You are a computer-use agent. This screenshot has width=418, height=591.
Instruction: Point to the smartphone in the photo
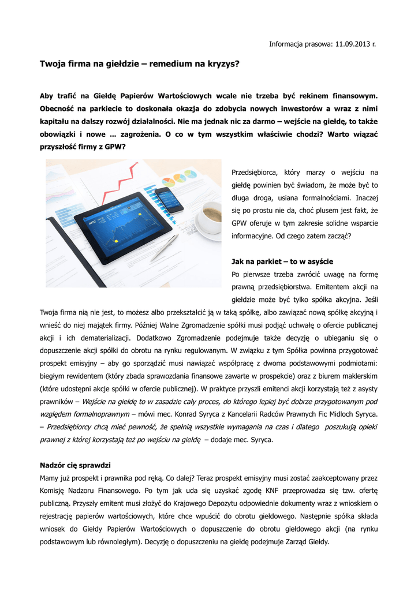coord(169,199)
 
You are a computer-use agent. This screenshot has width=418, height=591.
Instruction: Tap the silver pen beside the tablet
coord(164,248)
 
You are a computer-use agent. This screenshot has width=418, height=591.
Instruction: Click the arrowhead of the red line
coord(137,166)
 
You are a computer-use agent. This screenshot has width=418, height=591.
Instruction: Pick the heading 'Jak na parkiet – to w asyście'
coord(282,261)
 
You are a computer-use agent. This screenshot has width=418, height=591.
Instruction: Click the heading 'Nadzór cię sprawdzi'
coord(75,465)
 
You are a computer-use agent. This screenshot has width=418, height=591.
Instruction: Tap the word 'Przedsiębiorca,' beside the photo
coord(255,172)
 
